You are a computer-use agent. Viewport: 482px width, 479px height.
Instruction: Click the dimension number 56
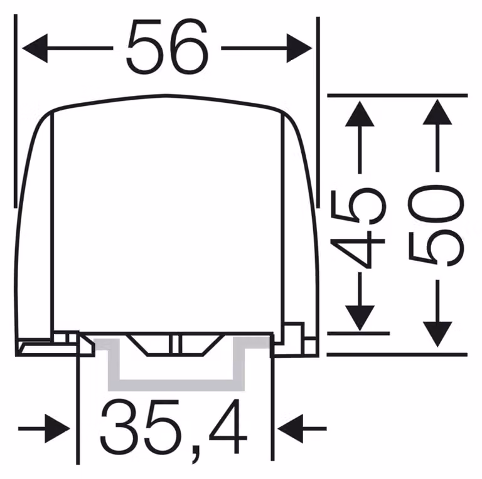[168, 47]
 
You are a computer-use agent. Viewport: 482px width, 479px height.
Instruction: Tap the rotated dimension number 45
[358, 228]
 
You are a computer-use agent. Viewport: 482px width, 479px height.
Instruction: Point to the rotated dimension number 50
[436, 226]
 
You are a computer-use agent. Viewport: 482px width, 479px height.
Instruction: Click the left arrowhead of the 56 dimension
[35, 48]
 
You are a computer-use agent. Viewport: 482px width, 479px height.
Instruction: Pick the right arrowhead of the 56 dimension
[299, 48]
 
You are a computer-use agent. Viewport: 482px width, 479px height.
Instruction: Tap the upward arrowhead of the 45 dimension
[360, 113]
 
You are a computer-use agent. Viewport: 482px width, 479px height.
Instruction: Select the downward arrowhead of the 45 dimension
[360, 318]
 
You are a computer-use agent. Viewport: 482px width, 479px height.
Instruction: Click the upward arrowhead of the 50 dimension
[437, 112]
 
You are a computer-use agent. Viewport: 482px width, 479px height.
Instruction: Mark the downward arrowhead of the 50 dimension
[437, 334]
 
